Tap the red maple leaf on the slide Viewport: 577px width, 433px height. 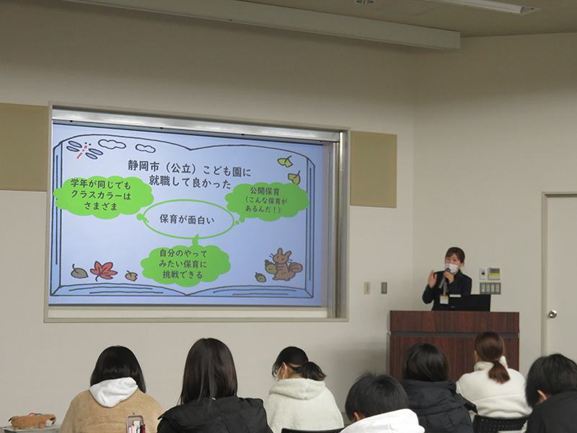[103, 271]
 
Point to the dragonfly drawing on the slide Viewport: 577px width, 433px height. [84, 149]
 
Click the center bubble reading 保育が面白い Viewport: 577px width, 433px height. [188, 219]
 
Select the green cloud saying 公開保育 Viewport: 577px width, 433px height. [267, 201]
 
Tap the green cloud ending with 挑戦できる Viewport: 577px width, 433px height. [185, 265]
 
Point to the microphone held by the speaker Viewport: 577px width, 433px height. [444, 279]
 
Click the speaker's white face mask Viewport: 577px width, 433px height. [452, 267]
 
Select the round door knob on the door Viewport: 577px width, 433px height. [552, 314]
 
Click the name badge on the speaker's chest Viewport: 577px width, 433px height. [444, 299]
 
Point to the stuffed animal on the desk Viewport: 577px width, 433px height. [32, 421]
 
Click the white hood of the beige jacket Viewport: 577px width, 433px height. [113, 391]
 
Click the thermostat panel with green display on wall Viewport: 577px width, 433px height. [494, 274]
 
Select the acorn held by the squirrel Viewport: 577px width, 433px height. [270, 267]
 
